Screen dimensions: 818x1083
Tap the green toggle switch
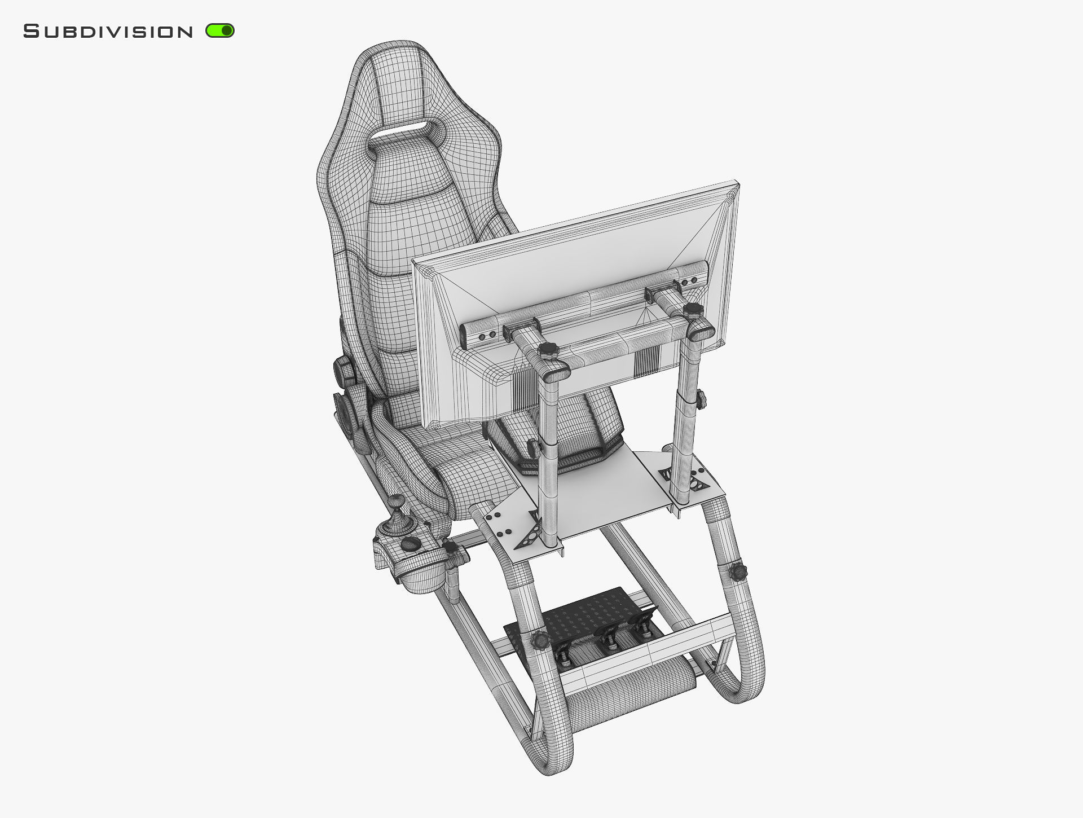[x=220, y=30]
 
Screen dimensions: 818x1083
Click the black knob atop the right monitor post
[x=691, y=310]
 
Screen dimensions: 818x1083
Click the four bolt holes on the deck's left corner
[x=499, y=524]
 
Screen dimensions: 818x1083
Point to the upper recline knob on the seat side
[x=343, y=370]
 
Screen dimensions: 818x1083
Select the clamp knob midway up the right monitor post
[x=701, y=399]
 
